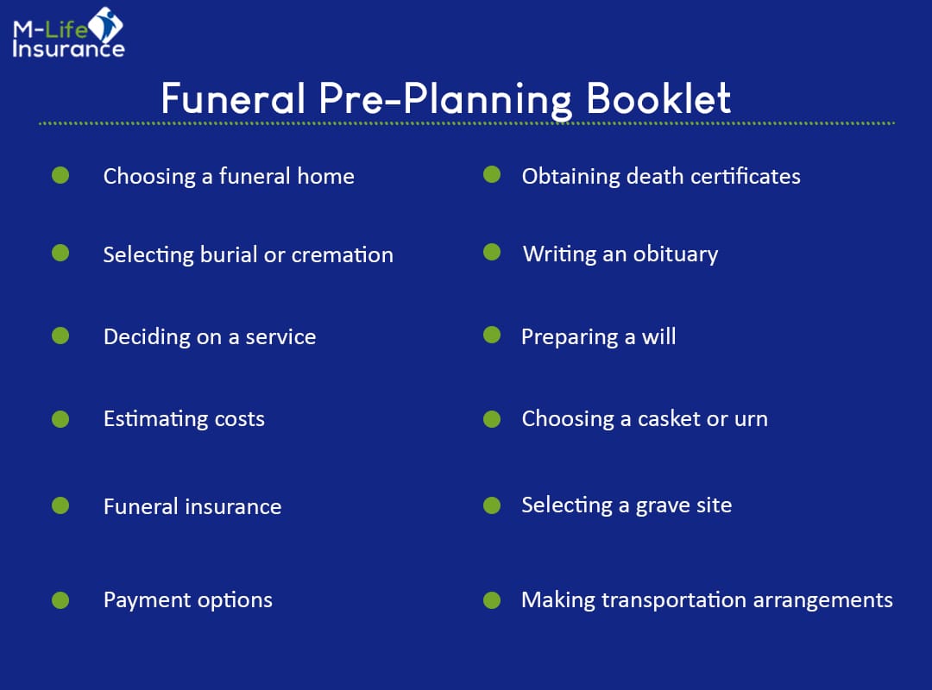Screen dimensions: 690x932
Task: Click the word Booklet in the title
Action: pyautogui.click(x=659, y=100)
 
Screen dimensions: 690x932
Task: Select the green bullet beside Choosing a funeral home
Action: pyautogui.click(x=60, y=175)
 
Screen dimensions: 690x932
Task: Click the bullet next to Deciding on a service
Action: pyautogui.click(x=60, y=335)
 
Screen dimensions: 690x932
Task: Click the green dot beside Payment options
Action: pyautogui.click(x=60, y=599)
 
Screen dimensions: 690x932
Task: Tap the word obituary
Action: pyautogui.click(x=676, y=255)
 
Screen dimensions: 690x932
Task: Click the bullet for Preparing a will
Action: pyautogui.click(x=492, y=335)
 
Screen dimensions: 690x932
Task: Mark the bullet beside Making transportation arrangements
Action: pyautogui.click(x=492, y=599)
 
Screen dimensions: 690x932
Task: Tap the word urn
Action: pyautogui.click(x=750, y=420)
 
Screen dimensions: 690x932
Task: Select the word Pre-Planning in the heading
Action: pyautogui.click(x=445, y=100)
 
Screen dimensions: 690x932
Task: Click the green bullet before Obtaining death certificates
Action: pyautogui.click(x=492, y=175)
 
